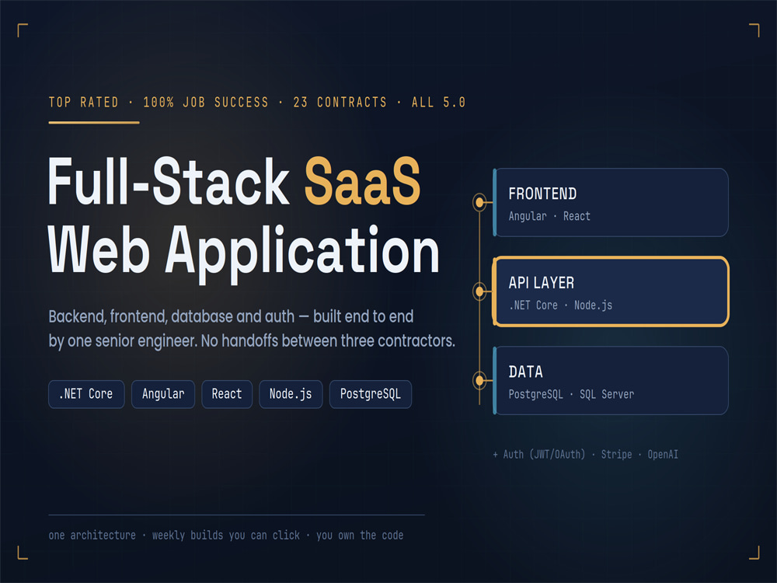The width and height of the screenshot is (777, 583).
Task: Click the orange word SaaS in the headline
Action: coord(362,181)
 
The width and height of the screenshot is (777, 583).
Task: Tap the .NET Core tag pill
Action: coord(86,394)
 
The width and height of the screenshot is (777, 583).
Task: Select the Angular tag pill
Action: coord(163,394)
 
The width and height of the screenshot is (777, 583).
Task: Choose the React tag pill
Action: coord(227,394)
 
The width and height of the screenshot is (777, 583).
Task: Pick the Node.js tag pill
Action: coord(291,394)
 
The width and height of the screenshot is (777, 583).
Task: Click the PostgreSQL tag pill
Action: coord(371,394)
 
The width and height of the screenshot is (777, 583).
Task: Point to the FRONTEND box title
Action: coord(542,194)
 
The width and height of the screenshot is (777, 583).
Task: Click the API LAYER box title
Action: coord(542,283)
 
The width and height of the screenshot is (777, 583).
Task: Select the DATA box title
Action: coord(526,372)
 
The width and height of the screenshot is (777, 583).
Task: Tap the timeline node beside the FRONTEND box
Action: coord(479,202)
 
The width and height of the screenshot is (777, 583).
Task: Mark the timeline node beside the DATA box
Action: coord(479,380)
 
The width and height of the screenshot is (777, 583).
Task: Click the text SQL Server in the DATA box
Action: coord(607,395)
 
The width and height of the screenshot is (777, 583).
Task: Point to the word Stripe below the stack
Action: coord(616,455)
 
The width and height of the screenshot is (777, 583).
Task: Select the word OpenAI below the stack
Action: coord(663,455)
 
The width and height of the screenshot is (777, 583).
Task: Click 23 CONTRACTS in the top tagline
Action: coord(340,102)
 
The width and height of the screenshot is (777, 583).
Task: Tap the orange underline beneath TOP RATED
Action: coord(94,123)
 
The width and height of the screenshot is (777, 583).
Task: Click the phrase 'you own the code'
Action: coord(360,536)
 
